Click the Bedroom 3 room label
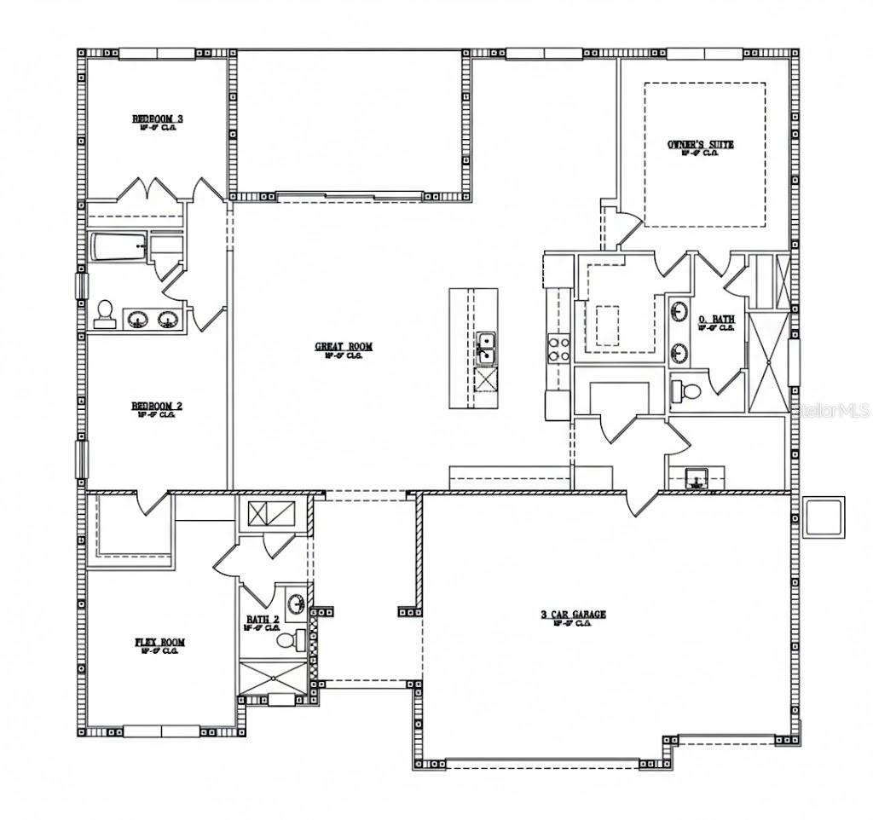(157, 118)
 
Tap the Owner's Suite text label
(700, 145)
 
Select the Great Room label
(344, 347)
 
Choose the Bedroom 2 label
(157, 406)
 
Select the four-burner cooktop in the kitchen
(558, 348)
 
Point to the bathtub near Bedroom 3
(119, 248)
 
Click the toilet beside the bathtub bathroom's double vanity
(106, 314)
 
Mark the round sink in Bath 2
(296, 603)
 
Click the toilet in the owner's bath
(687, 391)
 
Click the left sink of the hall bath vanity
(136, 320)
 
